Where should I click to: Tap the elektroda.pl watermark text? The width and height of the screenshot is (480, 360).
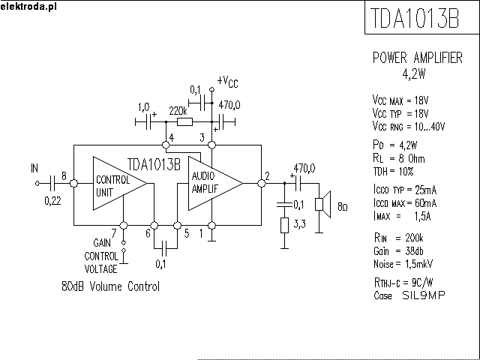28,6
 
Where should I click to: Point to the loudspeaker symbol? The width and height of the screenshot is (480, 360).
322,203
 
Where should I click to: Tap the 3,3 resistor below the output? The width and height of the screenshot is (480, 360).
284,226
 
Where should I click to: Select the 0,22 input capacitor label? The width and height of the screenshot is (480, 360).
53,200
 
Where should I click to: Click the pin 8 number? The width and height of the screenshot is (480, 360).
64,176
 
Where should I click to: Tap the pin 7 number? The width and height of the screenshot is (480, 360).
113,232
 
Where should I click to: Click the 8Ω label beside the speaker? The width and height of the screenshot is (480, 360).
342,205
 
